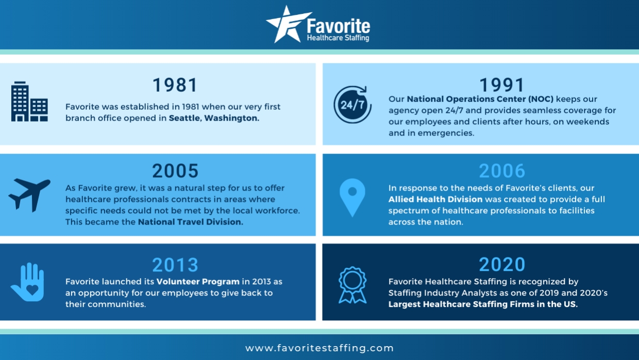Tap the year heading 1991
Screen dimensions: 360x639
(x=502, y=84)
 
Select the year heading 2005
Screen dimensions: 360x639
(x=175, y=170)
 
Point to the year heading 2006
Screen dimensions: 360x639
(x=502, y=170)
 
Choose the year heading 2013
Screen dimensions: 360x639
(x=175, y=265)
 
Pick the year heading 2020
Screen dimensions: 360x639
(x=502, y=264)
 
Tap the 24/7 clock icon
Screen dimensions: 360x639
(x=352, y=105)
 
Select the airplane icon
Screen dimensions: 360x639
(x=29, y=194)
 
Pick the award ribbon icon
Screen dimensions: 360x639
(x=352, y=284)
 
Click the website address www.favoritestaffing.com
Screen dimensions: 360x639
(x=320, y=348)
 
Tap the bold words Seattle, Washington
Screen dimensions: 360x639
(x=214, y=118)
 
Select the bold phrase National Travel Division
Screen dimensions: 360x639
(x=191, y=222)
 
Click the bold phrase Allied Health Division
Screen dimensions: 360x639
(x=435, y=199)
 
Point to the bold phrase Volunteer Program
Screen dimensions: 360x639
(x=198, y=282)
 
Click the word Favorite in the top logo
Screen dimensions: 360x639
(x=338, y=26)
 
